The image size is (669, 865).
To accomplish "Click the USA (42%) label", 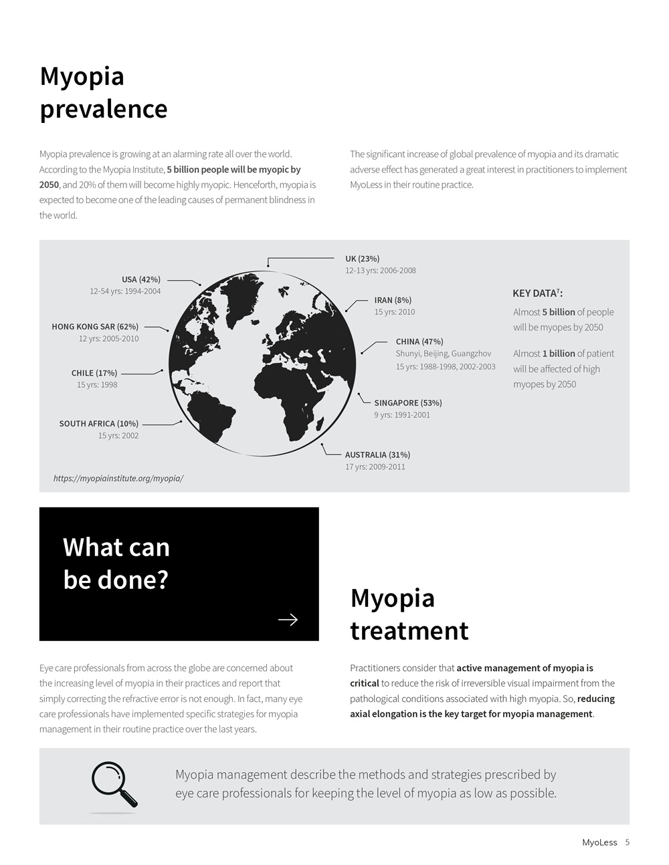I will pos(140,279).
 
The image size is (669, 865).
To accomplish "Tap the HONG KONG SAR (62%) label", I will pos(95,327).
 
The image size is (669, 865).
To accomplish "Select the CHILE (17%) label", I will pos(94,373).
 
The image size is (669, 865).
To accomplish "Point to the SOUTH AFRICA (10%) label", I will pos(98,424).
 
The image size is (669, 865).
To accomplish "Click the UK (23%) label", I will pos(362,259).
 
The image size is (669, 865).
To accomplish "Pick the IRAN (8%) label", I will pos(393,300).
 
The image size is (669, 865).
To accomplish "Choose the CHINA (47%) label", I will pos(419,342).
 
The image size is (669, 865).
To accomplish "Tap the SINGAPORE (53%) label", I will pos(407,403).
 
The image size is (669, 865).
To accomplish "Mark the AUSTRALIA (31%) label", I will pos(377,455).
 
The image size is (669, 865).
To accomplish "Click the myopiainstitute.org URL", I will pos(118,479).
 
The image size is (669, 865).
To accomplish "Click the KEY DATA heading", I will pos(537,293).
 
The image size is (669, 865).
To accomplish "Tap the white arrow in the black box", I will pos(288,620).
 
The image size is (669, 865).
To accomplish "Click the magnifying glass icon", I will pos(114,785).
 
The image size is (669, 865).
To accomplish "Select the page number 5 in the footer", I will pos(628,842).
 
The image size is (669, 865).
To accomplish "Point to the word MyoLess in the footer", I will pos(599,842).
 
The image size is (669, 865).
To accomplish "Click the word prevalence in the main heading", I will pos(104,109).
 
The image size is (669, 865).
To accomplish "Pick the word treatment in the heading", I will pos(409,630).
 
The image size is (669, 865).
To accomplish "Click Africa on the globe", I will pos(288,394).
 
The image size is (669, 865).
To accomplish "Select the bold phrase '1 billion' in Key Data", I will pos(558,354).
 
